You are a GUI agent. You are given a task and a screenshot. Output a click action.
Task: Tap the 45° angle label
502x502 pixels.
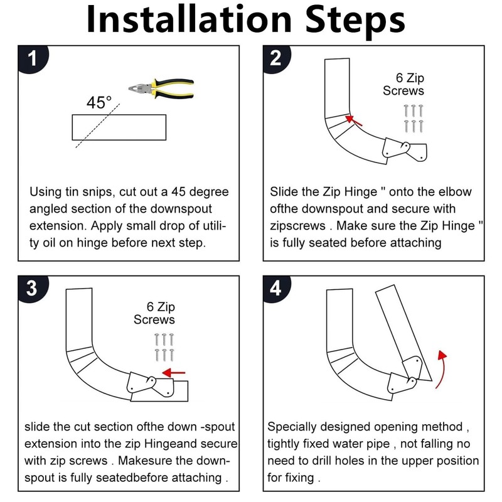click(x=99, y=102)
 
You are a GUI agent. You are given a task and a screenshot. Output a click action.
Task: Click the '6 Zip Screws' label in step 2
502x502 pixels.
click(x=403, y=85)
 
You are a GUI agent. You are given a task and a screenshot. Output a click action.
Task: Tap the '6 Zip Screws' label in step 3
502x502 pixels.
click(x=154, y=314)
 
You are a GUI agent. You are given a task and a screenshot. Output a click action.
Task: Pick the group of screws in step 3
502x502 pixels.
click(x=163, y=347)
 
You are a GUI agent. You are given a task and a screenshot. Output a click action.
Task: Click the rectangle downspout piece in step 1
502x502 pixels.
click(x=119, y=127)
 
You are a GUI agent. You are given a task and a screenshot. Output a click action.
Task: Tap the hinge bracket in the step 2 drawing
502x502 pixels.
click(x=405, y=149)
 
